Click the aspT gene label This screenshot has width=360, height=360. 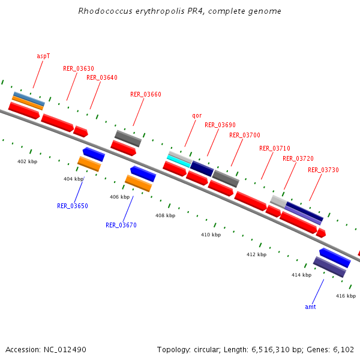click(43, 56)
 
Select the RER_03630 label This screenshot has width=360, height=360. click(78, 68)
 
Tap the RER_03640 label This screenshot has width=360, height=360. click(102, 77)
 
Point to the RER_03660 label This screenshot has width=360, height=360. click(146, 94)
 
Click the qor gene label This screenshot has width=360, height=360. click(197, 115)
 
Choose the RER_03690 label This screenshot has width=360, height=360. click(220, 125)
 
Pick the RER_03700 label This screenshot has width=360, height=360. click(245, 135)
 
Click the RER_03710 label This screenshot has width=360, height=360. click(275, 148)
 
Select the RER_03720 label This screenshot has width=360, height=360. click(298, 158)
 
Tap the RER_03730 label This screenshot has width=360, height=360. click(323, 170)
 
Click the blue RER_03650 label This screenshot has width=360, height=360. click(73, 206)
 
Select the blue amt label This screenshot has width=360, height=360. click(310, 307)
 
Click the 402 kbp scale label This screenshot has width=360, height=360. click(27, 162)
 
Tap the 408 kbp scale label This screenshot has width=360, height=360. click(165, 215)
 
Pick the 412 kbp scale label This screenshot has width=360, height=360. click(256, 255)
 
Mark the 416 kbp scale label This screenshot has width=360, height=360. click(346, 296)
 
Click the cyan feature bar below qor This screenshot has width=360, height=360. click(179, 161)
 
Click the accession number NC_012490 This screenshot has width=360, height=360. click(64, 349)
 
